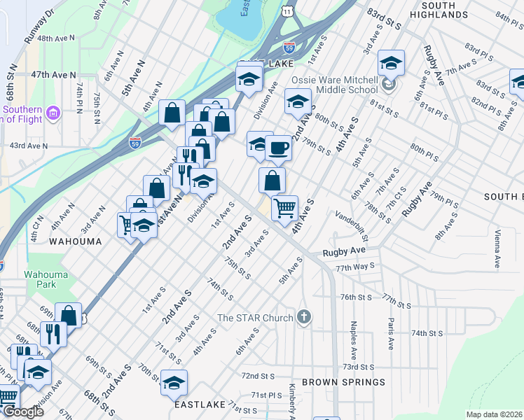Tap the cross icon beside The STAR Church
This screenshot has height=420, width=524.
303,318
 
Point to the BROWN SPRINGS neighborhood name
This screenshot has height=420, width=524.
343,382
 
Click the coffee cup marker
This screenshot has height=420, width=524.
279,148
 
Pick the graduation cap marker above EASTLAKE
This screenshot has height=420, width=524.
174,383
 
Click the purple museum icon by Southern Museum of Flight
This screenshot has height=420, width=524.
53,112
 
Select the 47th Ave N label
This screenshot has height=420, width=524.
53,74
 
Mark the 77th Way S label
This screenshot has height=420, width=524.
355,267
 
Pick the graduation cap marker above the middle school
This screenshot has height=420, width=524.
391,63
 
